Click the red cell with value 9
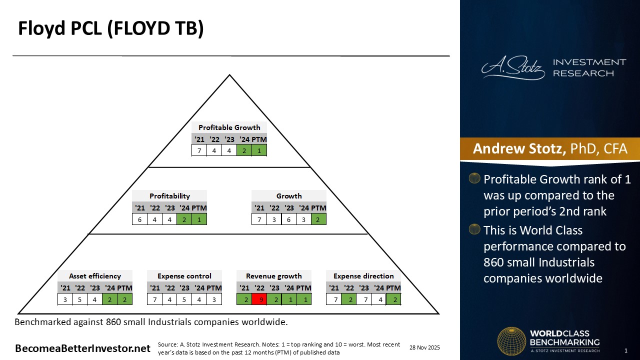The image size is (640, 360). [259, 299]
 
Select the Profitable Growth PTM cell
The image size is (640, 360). [259, 150]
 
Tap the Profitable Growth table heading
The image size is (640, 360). [229, 127]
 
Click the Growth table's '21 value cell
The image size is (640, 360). [259, 219]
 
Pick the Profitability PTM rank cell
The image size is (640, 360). [199, 219]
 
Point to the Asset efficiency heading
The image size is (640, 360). [95, 276]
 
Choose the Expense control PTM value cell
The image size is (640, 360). [214, 299]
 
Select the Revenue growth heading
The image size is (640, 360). [274, 276]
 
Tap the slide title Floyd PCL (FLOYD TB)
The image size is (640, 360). [111, 29]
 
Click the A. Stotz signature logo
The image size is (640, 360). [513, 68]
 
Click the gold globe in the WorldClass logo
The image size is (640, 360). [511, 341]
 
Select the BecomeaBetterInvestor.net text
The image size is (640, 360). [83, 348]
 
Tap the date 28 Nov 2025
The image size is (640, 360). [424, 347]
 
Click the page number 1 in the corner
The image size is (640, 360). [626, 350]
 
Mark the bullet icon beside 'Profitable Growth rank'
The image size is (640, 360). [474, 178]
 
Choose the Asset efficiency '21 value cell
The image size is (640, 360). [65, 299]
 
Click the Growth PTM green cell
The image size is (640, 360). [318, 219]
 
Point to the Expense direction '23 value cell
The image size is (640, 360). [364, 299]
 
